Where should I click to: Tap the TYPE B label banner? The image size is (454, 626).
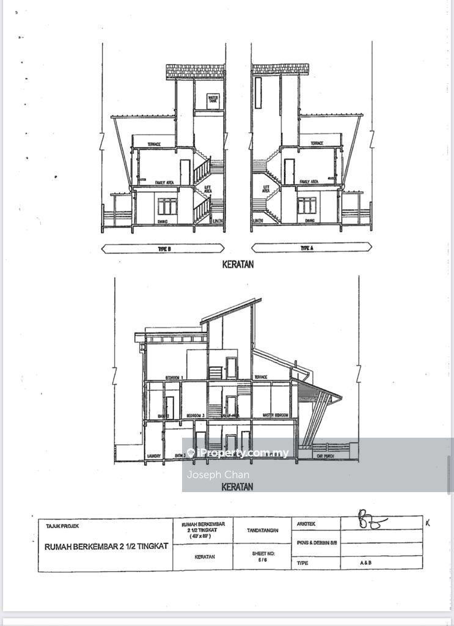click(162, 248)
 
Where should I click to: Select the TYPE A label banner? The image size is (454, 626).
click(312, 248)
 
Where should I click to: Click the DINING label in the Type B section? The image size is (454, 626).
click(163, 221)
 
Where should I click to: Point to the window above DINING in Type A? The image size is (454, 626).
click(307, 205)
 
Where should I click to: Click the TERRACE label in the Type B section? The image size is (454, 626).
click(154, 144)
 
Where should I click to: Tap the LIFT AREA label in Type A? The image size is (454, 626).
click(266, 190)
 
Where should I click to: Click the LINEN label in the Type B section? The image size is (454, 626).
click(217, 221)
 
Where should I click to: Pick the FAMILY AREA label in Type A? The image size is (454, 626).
click(309, 182)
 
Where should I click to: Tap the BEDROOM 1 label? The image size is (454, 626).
click(174, 378)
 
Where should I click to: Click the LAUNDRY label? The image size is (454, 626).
click(153, 456)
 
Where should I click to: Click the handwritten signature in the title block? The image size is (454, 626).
click(373, 523)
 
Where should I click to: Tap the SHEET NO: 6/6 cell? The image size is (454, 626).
click(263, 556)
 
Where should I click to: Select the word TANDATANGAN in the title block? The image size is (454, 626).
click(263, 530)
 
